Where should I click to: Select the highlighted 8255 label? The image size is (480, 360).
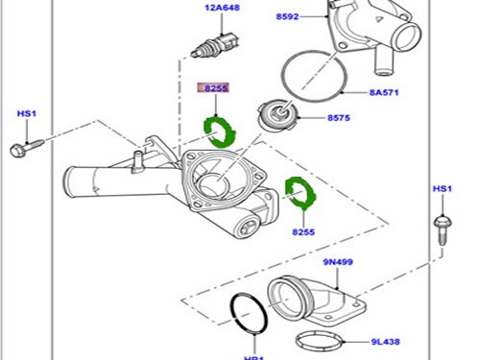point(213,88)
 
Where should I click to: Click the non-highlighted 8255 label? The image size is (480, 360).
point(305,230)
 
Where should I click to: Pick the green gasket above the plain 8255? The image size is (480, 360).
point(302,194)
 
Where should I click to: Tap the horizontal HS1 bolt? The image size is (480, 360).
point(26,149)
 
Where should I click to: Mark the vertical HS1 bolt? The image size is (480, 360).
point(441,228)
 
